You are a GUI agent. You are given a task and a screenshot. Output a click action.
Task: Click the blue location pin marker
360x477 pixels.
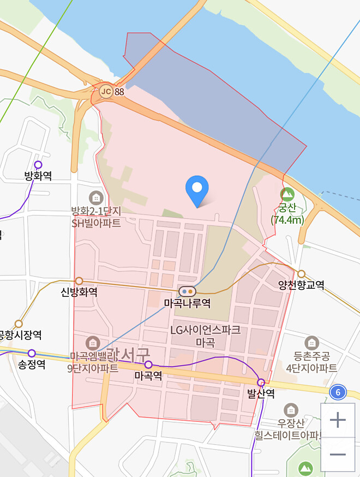pyautogui.click(x=197, y=189)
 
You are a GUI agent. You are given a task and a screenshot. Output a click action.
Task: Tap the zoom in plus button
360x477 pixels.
pyautogui.click(x=338, y=420)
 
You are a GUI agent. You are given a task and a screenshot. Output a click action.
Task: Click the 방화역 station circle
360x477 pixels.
pyautogui.click(x=38, y=164)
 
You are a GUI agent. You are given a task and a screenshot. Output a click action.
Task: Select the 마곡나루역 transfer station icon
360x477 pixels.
pyautogui.click(x=187, y=291)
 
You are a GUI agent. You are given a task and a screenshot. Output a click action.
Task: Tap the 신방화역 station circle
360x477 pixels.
pyautogui.click(x=79, y=281)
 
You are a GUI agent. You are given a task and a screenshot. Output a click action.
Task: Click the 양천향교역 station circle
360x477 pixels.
pyautogui.click(x=301, y=273)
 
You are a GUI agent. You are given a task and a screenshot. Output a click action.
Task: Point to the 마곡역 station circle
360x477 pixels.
pyautogui.click(x=148, y=364)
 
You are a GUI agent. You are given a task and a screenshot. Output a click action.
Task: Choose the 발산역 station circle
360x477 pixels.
pyautogui.click(x=261, y=382)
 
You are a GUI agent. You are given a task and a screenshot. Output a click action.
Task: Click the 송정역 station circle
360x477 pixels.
pyautogui.click(x=32, y=353)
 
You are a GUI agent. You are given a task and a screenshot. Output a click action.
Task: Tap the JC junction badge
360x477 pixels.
pyautogui.click(x=106, y=92)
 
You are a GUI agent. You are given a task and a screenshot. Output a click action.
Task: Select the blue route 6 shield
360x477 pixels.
pyautogui.click(x=338, y=392)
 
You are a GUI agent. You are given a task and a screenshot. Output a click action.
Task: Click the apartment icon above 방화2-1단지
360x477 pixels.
pyautogui.click(x=96, y=198)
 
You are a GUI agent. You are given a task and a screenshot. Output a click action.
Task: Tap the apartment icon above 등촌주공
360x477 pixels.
pyautogui.click(x=311, y=343)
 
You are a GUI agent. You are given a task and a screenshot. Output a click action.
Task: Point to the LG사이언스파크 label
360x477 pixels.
pyautogui.click(x=205, y=330)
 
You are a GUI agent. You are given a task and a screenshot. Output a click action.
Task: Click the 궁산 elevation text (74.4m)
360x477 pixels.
pyautogui.click(x=287, y=220)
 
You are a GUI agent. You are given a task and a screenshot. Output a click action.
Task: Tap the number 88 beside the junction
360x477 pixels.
pyautogui.click(x=119, y=92)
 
